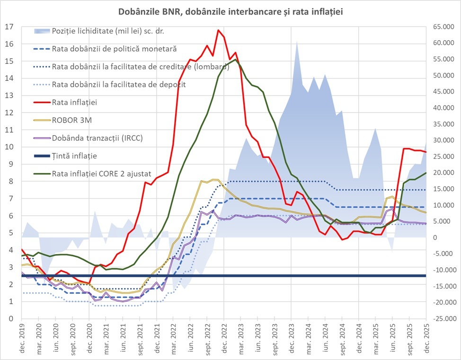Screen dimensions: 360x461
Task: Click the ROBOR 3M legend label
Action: [x=72, y=120]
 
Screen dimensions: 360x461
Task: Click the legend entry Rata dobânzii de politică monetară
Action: [x=114, y=49]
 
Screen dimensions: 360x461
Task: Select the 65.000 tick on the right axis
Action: [x=441, y=27]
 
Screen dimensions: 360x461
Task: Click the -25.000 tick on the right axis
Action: [x=440, y=319]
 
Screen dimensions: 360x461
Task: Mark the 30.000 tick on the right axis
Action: [x=441, y=140]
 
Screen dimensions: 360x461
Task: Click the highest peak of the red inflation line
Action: [x=218, y=30]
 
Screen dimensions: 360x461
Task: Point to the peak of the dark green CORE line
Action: [x=236, y=60]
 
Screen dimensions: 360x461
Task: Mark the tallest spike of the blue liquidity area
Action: [x=297, y=42]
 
